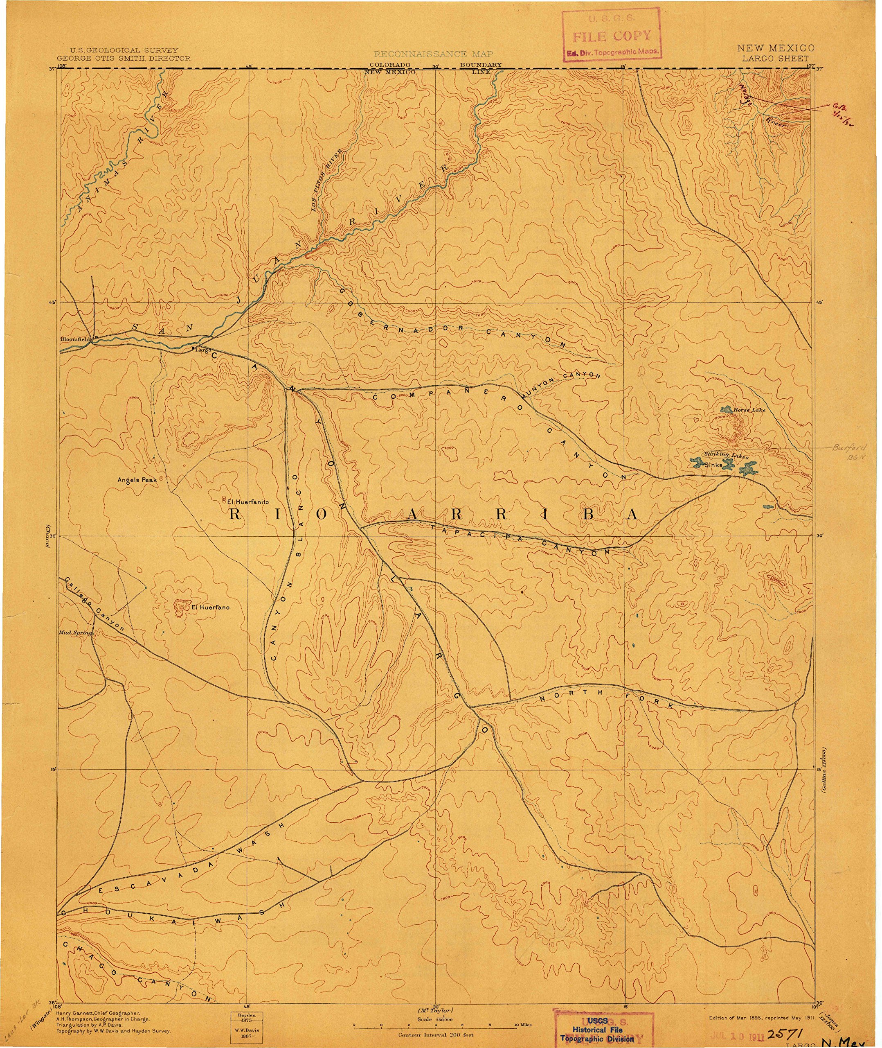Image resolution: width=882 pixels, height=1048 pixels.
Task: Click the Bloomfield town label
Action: click(74, 339)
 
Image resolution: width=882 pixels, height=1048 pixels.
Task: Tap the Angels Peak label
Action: click(137, 480)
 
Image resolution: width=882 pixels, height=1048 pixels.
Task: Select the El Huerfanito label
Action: click(248, 502)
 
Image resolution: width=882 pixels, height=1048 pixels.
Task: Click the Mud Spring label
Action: click(75, 633)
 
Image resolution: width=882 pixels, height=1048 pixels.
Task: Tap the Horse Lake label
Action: click(749, 410)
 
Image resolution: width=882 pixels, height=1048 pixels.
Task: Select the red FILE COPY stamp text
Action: click(612, 36)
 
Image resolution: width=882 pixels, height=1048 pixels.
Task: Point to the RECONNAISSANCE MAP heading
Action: click(433, 54)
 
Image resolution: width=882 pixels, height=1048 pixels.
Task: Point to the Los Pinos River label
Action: click(327, 181)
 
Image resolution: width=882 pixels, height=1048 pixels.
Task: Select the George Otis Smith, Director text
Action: click(124, 59)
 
